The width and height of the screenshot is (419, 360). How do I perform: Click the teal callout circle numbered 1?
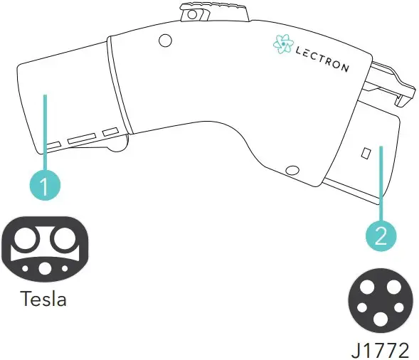[45, 185]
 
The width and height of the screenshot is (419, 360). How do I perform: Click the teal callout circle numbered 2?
[381, 235]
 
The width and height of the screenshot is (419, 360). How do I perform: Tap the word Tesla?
[43, 299]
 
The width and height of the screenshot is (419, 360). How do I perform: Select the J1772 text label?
[381, 350]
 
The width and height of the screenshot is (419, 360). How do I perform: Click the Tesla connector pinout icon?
[45, 249]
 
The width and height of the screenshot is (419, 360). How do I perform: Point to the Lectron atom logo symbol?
[283, 44]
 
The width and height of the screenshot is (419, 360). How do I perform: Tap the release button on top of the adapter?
[215, 12]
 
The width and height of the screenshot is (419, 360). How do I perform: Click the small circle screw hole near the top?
[165, 41]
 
